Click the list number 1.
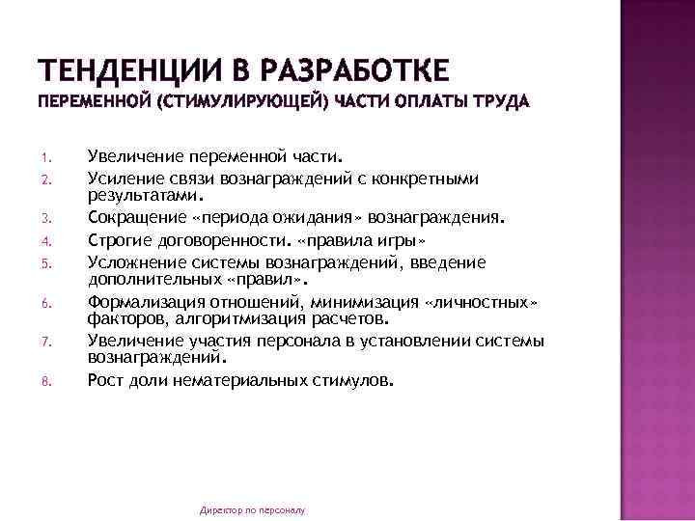(x=44, y=157)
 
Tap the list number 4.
(x=44, y=240)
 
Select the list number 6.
(x=44, y=304)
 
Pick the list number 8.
(x=44, y=382)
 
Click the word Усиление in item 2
(x=122, y=178)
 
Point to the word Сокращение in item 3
(x=133, y=218)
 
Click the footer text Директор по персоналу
(x=251, y=508)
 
